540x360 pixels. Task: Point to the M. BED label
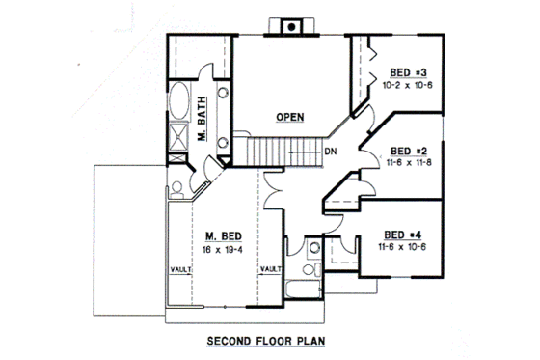[x=223, y=235]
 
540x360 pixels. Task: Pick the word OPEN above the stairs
[x=290, y=117]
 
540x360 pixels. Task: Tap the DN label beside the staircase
[x=330, y=152]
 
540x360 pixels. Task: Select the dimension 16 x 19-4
[x=223, y=249]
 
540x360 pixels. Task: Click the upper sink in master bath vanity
[x=222, y=95]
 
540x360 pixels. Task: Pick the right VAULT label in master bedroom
[x=271, y=270]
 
